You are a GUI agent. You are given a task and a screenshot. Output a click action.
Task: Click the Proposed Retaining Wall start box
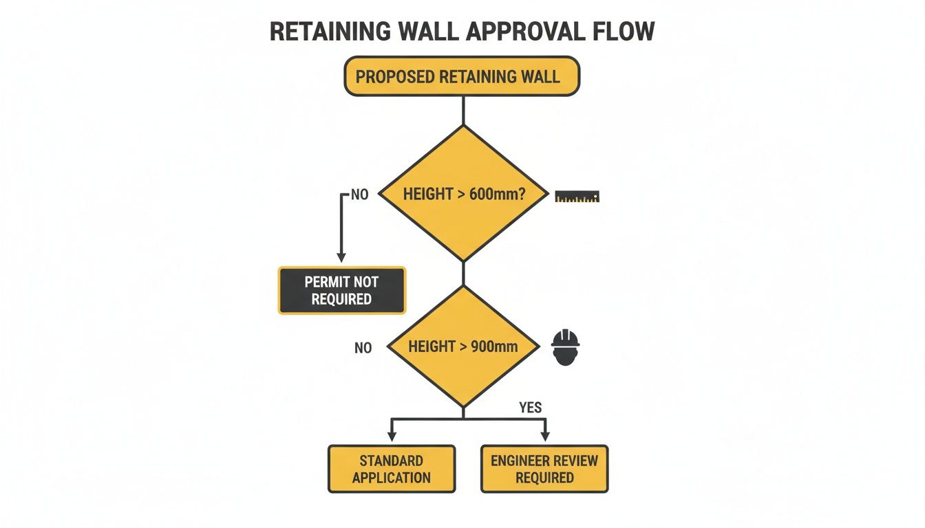coord(462,76)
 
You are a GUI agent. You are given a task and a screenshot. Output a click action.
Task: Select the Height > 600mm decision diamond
coord(464,194)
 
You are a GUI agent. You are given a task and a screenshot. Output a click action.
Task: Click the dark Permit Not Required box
coord(341,291)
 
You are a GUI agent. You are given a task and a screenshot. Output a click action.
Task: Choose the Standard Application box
coord(391,469)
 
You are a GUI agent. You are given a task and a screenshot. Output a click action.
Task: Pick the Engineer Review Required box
coord(544,469)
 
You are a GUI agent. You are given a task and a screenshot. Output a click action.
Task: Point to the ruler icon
coord(577,197)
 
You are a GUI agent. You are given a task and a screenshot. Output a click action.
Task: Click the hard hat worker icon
coord(566,347)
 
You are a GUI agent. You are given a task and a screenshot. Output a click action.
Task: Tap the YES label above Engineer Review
coord(530,408)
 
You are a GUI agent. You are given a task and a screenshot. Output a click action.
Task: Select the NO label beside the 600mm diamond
coord(359,195)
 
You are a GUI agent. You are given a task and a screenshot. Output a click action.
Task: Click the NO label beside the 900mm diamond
coord(363,348)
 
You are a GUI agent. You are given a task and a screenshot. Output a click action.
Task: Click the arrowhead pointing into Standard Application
coord(392,436)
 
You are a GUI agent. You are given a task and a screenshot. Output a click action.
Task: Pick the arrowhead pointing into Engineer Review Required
coord(544,436)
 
